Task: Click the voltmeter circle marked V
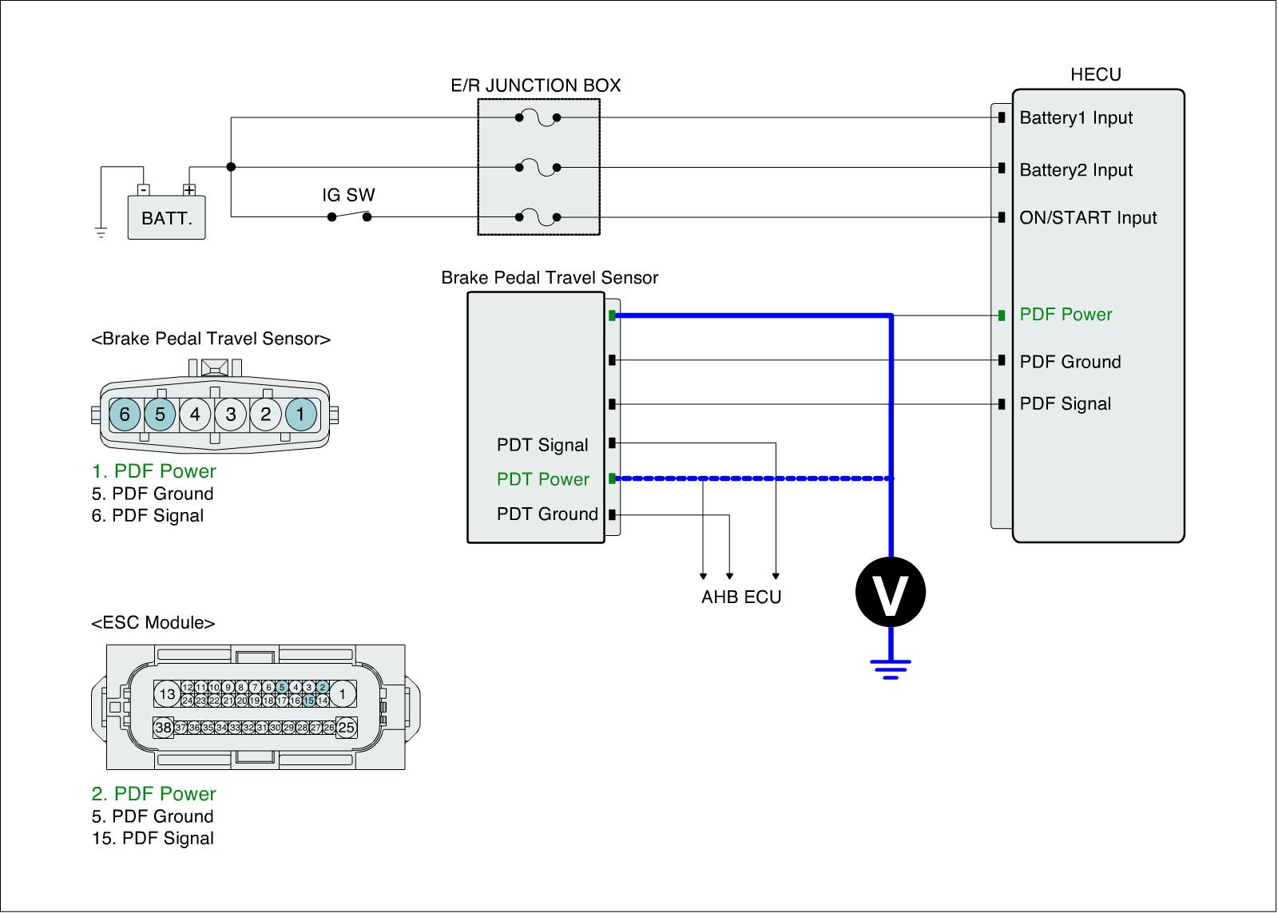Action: pos(890,592)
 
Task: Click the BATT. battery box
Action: pos(166,217)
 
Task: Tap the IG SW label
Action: pos(348,195)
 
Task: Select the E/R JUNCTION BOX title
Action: pos(536,85)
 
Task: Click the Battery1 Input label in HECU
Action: pos(1076,118)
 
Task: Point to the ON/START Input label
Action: pos(1088,218)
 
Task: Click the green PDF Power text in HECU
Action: pos(1066,315)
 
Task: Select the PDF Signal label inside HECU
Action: pos(1065,404)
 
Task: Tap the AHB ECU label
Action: pos(741,597)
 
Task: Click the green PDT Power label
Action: pos(542,479)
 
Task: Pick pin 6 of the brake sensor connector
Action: pos(125,415)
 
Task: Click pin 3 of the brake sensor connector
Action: pos(230,415)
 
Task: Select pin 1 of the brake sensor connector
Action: pos(300,415)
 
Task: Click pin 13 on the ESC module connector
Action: pos(167,694)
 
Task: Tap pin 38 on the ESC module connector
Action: pos(164,728)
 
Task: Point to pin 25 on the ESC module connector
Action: pos(347,728)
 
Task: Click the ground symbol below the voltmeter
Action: pos(890,668)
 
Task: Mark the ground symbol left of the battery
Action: pos(101,232)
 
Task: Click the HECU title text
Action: pos(1095,75)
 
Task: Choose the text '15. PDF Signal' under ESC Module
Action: pos(153,839)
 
